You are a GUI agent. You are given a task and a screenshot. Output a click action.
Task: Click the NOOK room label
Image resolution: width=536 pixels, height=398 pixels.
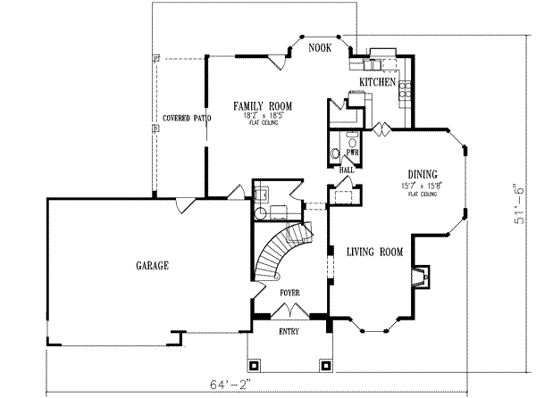pos(320,47)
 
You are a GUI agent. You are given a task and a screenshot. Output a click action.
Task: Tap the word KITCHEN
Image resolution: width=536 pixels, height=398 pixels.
pos(377,82)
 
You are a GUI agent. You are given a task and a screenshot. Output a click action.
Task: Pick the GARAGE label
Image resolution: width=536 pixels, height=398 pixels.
pos(153,265)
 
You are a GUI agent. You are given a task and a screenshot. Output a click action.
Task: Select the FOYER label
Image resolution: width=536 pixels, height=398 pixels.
pos(289,292)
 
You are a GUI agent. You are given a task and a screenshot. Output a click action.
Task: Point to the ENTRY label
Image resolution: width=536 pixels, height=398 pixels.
pos(289,332)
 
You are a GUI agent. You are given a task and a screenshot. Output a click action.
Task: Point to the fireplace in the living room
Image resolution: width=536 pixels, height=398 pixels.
pos(419,274)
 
